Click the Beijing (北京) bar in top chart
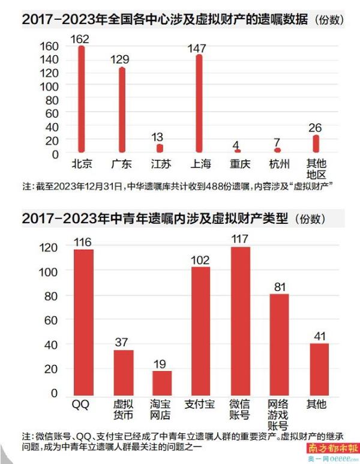coord(81,99)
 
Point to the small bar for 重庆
coord(238,151)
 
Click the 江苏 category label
coord(160,163)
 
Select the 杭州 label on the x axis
coord(277,163)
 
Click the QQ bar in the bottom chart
coord(83,321)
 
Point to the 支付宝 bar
coord(200,330)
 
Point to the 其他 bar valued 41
coord(319,369)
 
